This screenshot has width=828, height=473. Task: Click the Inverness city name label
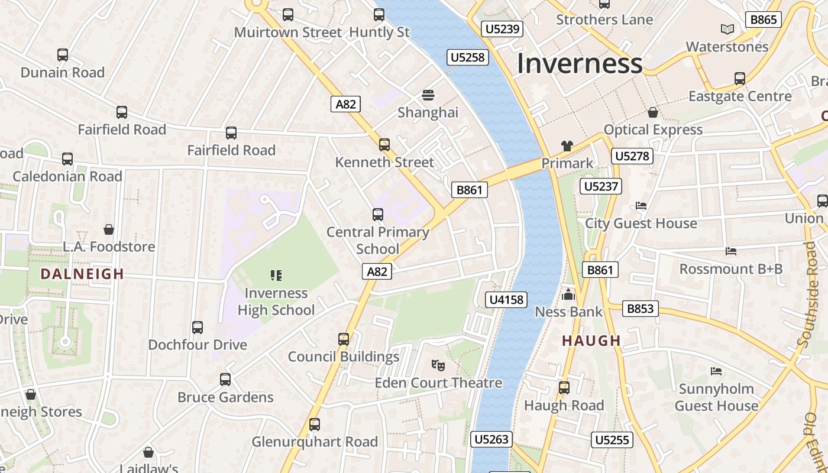pyautogui.click(x=580, y=63)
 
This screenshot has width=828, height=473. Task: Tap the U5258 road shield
pyautogui.click(x=467, y=57)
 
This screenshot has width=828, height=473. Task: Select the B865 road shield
pyautogui.click(x=763, y=20)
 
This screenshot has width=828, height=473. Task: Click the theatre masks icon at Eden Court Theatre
pyautogui.click(x=438, y=365)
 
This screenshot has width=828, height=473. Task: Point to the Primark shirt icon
pyautogui.click(x=567, y=145)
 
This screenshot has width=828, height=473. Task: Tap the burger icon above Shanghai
pyautogui.click(x=428, y=95)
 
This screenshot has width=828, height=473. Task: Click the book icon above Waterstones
pyautogui.click(x=727, y=29)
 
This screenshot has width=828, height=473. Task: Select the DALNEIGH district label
pyautogui.click(x=82, y=274)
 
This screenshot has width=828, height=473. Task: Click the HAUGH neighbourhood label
pyautogui.click(x=591, y=341)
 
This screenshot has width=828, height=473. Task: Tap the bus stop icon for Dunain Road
pyautogui.click(x=63, y=55)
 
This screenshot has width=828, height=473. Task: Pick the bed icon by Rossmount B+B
pyautogui.click(x=731, y=251)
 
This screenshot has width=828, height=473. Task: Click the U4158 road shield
pyautogui.click(x=507, y=300)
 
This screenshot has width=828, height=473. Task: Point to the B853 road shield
pyautogui.click(x=640, y=309)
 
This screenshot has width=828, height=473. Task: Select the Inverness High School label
pyautogui.click(x=276, y=302)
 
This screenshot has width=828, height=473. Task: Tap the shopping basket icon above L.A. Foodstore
pyautogui.click(x=108, y=229)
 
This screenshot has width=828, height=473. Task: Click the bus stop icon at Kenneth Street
pyautogui.click(x=384, y=144)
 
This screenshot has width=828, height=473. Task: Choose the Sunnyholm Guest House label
pyautogui.click(x=716, y=397)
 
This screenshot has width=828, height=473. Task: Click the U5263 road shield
pyautogui.click(x=491, y=439)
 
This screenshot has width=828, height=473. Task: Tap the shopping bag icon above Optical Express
pyautogui.click(x=653, y=112)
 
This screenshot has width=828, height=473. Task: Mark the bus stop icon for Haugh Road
pyautogui.click(x=564, y=388)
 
